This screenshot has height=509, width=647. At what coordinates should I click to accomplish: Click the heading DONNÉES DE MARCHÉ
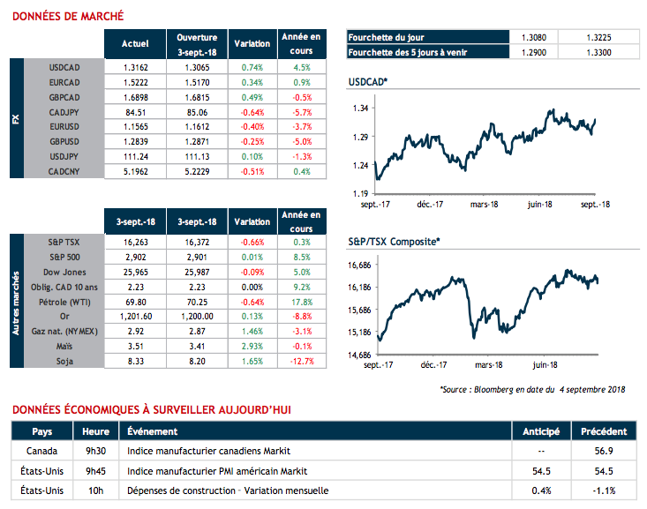pos(67,16)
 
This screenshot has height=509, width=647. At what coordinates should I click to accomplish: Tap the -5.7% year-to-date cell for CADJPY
pos(302,112)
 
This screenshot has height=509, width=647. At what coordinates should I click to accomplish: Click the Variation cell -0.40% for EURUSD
pos(252,127)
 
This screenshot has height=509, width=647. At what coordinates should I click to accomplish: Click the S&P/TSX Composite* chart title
pos(394,240)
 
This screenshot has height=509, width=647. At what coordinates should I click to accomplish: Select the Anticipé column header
pos(539,431)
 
